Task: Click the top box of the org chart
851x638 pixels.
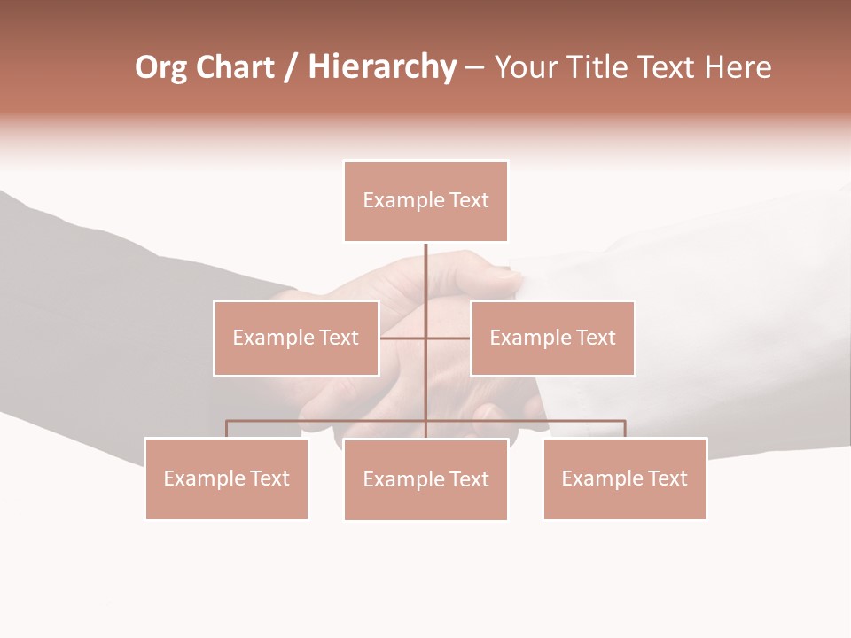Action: tap(425, 201)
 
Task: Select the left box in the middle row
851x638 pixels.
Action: tap(296, 338)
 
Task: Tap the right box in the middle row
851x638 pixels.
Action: tap(552, 338)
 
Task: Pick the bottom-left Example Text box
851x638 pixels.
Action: tap(226, 478)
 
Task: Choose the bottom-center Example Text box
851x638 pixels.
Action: tap(425, 479)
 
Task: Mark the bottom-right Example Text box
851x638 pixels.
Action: tap(624, 478)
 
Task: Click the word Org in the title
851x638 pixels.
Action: tap(160, 68)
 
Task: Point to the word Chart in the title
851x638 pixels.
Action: tap(235, 67)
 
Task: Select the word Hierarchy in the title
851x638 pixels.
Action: tap(382, 68)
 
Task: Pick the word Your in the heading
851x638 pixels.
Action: tap(527, 67)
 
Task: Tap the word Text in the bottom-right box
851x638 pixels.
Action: tap(668, 478)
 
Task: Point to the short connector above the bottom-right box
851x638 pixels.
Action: tap(625, 429)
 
